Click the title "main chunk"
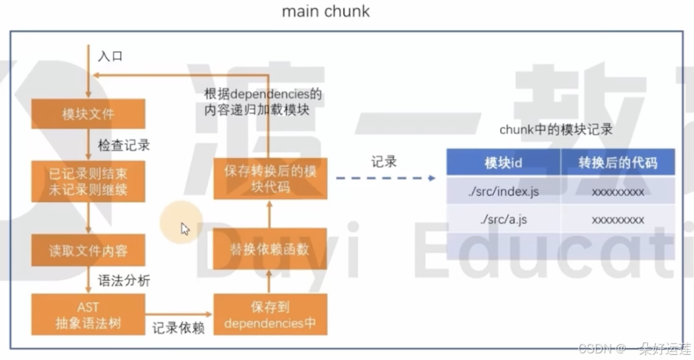point(326,12)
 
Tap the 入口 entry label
point(110,56)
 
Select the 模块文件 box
point(88,113)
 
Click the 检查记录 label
point(124,145)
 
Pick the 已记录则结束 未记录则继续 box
point(88,182)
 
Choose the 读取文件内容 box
point(88,250)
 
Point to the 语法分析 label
point(124,280)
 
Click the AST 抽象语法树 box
point(88,314)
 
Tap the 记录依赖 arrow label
point(178,329)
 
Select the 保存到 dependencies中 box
point(270,314)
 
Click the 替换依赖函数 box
point(270,250)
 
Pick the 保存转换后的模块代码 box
point(270,179)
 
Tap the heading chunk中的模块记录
point(556,130)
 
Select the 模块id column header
point(503,162)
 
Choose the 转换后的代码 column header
point(618,162)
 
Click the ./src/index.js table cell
point(503,192)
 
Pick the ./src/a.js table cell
point(503,220)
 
